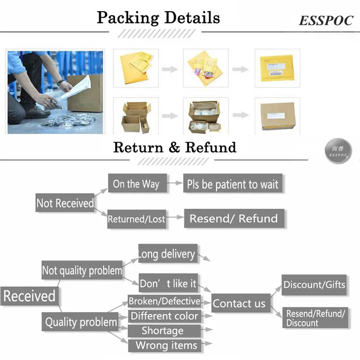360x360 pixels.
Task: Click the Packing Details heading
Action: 158,18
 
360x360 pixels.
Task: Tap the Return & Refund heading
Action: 175,147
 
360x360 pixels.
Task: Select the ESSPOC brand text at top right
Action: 326,21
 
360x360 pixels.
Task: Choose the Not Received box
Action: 65,203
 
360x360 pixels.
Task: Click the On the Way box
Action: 136,184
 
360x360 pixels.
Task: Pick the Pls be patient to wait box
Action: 233,184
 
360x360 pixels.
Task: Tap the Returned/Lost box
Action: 136,219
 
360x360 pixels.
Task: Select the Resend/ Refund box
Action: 233,218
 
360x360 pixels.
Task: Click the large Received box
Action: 30,296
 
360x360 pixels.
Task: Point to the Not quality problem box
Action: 82,270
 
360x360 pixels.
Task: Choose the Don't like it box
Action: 168,283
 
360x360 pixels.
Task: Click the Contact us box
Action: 239,303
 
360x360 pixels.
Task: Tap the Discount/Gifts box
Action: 314,285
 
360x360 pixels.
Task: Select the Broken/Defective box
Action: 164,301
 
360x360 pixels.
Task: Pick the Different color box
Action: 164,316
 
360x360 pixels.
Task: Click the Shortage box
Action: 163,331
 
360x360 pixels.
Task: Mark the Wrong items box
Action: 166,346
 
